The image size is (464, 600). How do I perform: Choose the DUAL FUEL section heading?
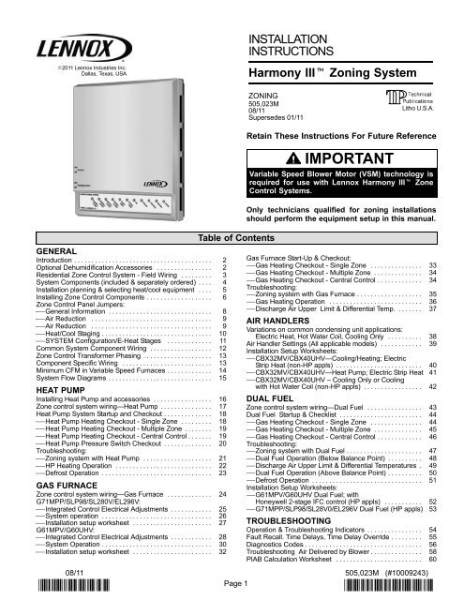click(x=271, y=426)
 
